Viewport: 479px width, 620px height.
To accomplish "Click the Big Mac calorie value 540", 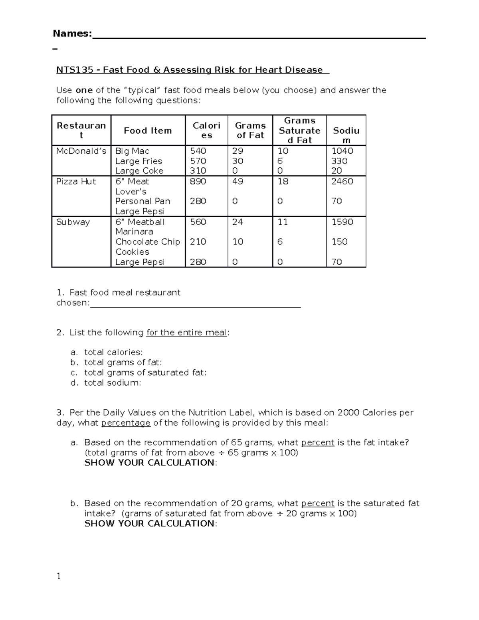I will pyautogui.click(x=198, y=151).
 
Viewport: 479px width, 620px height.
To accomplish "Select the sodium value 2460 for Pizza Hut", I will pyautogui.click(x=342, y=181).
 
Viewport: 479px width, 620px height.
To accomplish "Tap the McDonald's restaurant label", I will pyautogui.click(x=81, y=151).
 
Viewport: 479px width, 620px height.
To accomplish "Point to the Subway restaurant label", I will pyautogui.click(x=73, y=222).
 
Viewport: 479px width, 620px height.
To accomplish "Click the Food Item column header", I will pyautogui.click(x=148, y=131).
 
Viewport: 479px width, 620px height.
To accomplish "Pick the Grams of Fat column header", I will pyautogui.click(x=250, y=131).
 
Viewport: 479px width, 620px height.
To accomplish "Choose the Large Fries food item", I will pyautogui.click(x=139, y=161).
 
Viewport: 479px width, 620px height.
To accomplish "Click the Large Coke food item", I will pyautogui.click(x=139, y=171).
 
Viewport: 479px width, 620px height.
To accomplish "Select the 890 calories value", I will pyautogui.click(x=198, y=181).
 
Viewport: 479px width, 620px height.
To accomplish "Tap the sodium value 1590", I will pyautogui.click(x=342, y=222).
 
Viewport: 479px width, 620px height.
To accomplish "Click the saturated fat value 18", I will pyautogui.click(x=283, y=181).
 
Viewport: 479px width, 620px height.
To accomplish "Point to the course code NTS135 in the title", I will pyautogui.click(x=75, y=70).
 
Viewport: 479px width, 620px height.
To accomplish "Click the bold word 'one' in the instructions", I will pyautogui.click(x=84, y=90).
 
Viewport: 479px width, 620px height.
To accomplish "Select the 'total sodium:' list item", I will pyautogui.click(x=113, y=383).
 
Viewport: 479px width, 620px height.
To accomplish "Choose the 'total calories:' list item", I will pyautogui.click(x=113, y=352).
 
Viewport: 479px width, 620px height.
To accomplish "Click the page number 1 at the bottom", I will pyautogui.click(x=59, y=576).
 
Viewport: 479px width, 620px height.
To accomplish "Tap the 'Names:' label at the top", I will pyautogui.click(x=72, y=34).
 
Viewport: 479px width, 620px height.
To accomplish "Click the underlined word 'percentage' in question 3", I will pyautogui.click(x=126, y=423).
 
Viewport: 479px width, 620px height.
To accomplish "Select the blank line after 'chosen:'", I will pyautogui.click(x=195, y=306).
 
